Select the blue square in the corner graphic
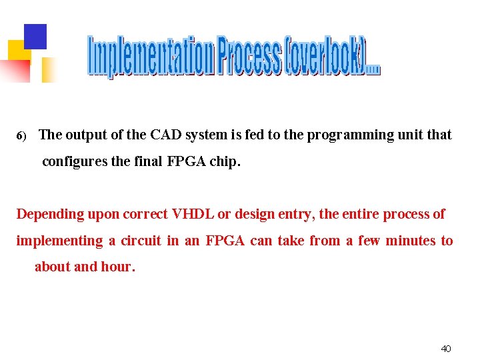coord(35,37)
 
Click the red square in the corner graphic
coord(16,70)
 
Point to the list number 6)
coord(21,136)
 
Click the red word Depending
coord(48,215)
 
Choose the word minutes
coord(410,241)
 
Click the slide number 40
coord(446,349)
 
